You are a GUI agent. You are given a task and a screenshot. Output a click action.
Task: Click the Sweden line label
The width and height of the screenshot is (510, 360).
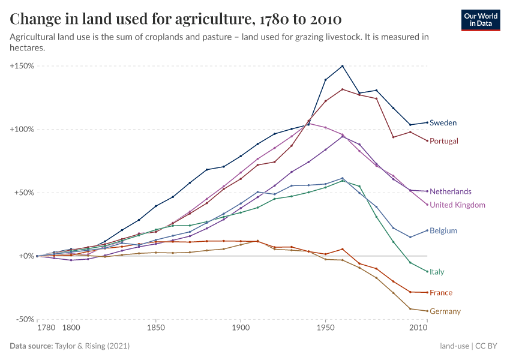pyautogui.click(x=443, y=123)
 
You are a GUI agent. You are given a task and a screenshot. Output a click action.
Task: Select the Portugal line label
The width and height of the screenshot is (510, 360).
pyautogui.click(x=444, y=141)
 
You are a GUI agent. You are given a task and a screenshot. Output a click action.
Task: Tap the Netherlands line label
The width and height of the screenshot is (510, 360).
pyautogui.click(x=450, y=191)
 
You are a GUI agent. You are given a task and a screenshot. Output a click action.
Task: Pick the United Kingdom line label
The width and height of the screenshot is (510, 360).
pyautogui.click(x=457, y=205)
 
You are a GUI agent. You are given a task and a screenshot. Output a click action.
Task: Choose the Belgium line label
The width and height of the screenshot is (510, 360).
pyautogui.click(x=443, y=231)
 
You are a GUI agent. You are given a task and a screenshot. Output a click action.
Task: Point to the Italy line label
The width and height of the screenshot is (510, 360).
pyautogui.click(x=437, y=272)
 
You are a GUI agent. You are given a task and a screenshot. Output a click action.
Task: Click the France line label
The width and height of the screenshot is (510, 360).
pyautogui.click(x=441, y=293)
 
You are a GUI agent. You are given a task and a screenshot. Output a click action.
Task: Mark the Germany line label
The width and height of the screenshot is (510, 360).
pyautogui.click(x=445, y=311)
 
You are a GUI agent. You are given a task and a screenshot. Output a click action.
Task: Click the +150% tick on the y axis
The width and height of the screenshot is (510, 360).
pyautogui.click(x=22, y=65)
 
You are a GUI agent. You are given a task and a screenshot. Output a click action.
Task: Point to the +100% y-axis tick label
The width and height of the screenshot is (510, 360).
pyautogui.click(x=22, y=129)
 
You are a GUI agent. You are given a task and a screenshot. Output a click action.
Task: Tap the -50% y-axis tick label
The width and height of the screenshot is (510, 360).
pyautogui.click(x=24, y=319)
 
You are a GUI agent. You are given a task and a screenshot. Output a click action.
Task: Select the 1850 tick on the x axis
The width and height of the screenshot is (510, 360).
pyautogui.click(x=155, y=329)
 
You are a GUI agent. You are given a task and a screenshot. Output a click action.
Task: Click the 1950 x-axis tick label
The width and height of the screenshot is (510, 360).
pyautogui.click(x=325, y=329)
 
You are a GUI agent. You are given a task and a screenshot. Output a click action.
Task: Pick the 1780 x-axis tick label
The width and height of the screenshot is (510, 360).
pyautogui.click(x=46, y=329)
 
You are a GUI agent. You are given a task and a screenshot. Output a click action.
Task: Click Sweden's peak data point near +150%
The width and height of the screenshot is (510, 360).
pyautogui.click(x=343, y=66)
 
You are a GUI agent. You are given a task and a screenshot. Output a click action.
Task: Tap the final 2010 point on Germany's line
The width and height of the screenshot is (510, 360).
pyautogui.click(x=427, y=311)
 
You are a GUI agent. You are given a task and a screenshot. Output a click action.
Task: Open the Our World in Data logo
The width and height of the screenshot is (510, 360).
pyautogui.click(x=481, y=20)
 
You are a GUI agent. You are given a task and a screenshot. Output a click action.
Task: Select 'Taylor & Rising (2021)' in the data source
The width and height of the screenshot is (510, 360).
pyautogui.click(x=92, y=346)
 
